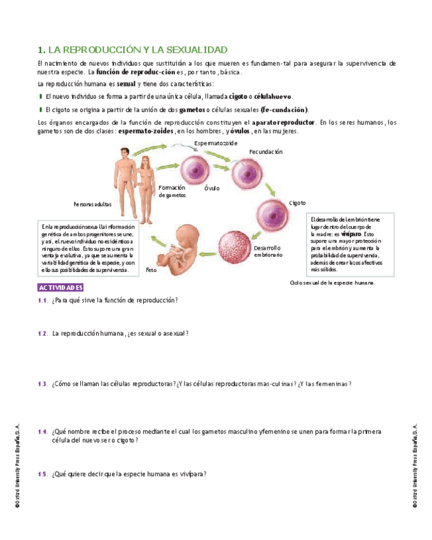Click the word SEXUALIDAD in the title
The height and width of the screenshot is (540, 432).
pyautogui.click(x=197, y=50)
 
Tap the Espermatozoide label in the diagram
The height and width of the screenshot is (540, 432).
pyautogui.click(x=216, y=143)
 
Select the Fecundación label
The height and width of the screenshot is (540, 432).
pyautogui.click(x=265, y=152)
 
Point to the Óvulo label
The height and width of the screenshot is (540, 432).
pyautogui.click(x=212, y=188)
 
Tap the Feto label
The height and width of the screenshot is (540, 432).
pyautogui.click(x=151, y=269)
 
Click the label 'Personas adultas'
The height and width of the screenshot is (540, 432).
pyautogui.click(x=93, y=204)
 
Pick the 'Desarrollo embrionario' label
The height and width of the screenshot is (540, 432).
pyautogui.click(x=268, y=251)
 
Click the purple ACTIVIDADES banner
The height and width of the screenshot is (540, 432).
pyautogui.click(x=61, y=287)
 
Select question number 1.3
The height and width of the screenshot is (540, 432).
pyautogui.click(x=43, y=384)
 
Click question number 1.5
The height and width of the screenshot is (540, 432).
pyautogui.click(x=43, y=474)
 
